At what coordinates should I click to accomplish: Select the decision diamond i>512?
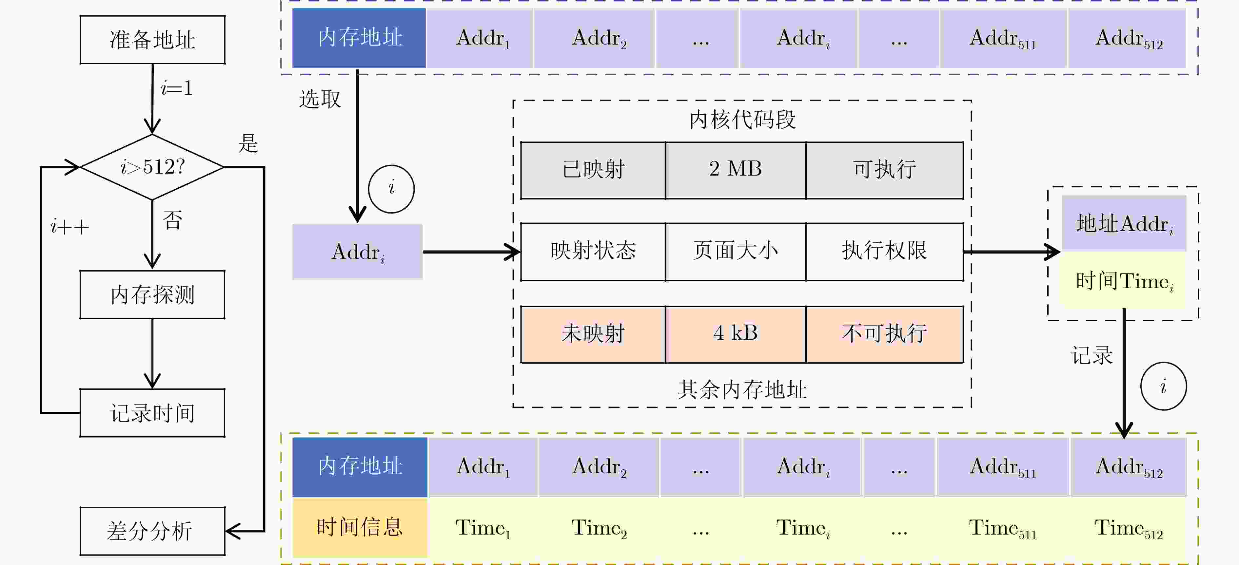(x=152, y=167)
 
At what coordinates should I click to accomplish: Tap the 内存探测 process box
(x=152, y=294)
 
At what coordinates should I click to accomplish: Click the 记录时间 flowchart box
(x=152, y=413)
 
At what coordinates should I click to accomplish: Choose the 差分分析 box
(x=152, y=531)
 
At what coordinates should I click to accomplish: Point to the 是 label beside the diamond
(x=248, y=143)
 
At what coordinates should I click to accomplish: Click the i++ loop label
(x=70, y=227)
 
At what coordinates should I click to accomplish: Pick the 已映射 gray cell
(x=593, y=170)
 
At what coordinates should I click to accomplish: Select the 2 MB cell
(x=736, y=170)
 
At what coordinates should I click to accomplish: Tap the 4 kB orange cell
(x=736, y=334)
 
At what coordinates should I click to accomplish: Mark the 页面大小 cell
(x=736, y=251)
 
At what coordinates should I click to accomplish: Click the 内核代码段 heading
(x=742, y=120)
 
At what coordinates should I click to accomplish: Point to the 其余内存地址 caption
(x=742, y=389)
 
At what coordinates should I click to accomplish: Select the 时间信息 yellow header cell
(x=360, y=528)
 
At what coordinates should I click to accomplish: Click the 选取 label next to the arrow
(x=320, y=100)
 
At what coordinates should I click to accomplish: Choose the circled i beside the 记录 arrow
(x=1164, y=386)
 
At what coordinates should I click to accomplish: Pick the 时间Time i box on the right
(x=1124, y=281)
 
